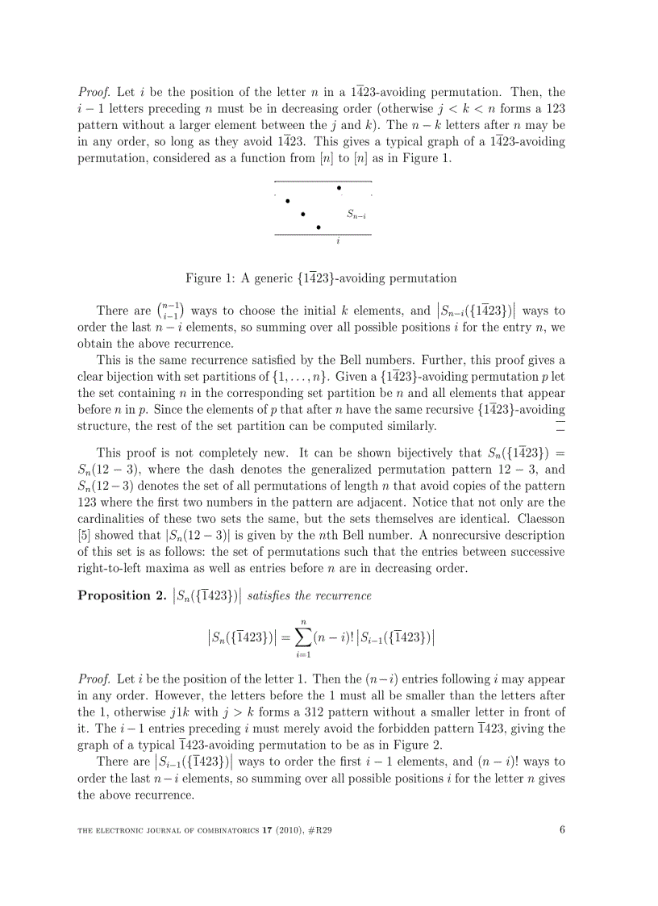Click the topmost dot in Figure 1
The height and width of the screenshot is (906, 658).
point(339,188)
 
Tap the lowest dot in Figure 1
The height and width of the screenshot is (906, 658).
point(319,228)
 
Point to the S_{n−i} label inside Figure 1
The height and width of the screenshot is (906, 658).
point(357,215)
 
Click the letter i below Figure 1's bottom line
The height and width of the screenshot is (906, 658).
point(338,241)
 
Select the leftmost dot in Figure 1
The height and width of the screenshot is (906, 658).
point(288,201)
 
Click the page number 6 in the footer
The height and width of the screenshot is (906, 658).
point(562,827)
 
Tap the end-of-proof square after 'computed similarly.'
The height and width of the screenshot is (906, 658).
point(560,426)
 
